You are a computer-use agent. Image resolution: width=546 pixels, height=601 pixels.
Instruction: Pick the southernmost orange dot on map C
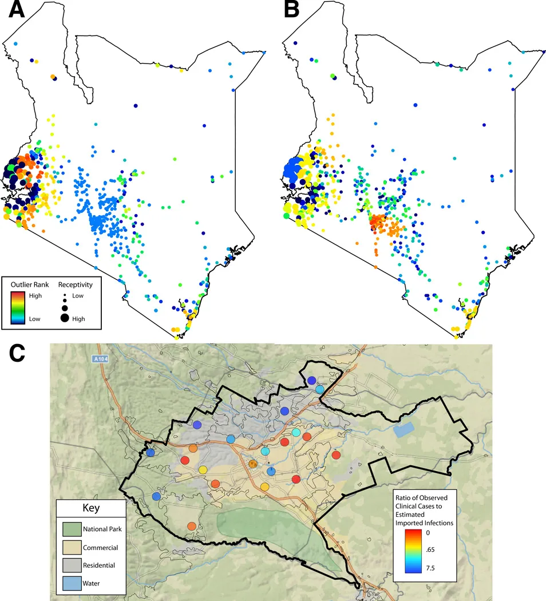[192, 526]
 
